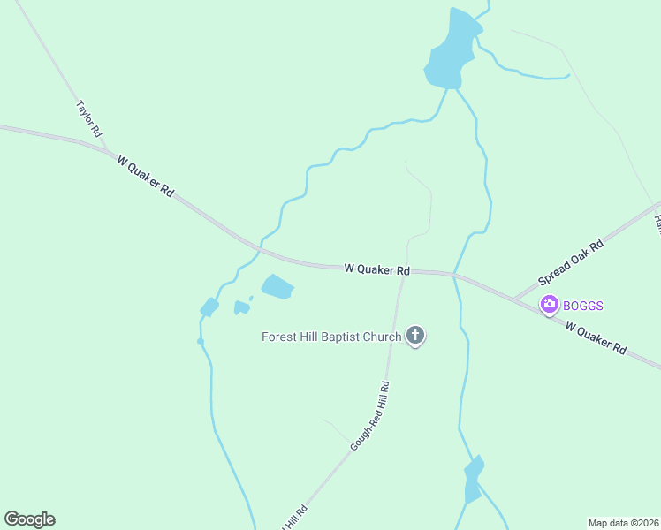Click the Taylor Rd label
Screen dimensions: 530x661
(89, 118)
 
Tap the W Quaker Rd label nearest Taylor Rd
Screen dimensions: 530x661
(146, 178)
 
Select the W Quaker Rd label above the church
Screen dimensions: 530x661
(376, 269)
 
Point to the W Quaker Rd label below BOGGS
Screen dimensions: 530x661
(596, 338)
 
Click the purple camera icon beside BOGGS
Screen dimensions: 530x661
(550, 305)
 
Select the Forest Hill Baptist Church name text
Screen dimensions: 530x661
(331, 337)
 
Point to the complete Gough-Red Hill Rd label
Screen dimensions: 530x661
(370, 416)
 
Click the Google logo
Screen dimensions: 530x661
(29, 519)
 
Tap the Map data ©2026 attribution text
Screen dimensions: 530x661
(623, 522)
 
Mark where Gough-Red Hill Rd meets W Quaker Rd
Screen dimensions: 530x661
(403, 272)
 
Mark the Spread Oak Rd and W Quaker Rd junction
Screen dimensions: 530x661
(514, 298)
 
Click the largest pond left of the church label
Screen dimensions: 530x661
(277, 287)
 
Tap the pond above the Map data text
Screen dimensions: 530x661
(474, 480)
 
